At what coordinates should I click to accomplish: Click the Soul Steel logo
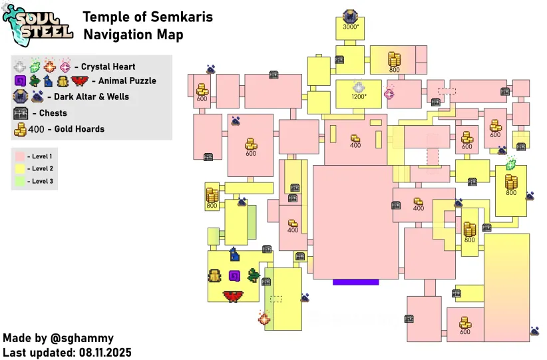37,25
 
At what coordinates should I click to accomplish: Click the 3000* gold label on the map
351,27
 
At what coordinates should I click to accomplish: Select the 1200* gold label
359,96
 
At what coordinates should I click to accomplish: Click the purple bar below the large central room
356,282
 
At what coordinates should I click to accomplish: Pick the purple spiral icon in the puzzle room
234,276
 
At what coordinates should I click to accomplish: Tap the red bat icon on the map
233,296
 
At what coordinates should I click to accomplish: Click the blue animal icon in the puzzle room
235,254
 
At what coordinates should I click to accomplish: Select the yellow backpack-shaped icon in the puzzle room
214,275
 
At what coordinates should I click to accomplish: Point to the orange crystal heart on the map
264,318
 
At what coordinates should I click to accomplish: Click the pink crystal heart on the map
389,93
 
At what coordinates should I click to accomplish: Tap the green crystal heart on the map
511,163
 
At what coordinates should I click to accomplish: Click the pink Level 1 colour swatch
20,156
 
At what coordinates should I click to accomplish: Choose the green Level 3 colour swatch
20,181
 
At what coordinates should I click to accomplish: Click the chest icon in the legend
21,113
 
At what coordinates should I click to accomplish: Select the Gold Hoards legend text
79,129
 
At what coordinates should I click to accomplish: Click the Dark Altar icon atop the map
350,17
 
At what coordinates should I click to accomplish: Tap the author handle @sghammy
82,338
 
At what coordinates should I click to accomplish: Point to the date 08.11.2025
105,352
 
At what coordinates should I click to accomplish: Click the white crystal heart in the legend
20,66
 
